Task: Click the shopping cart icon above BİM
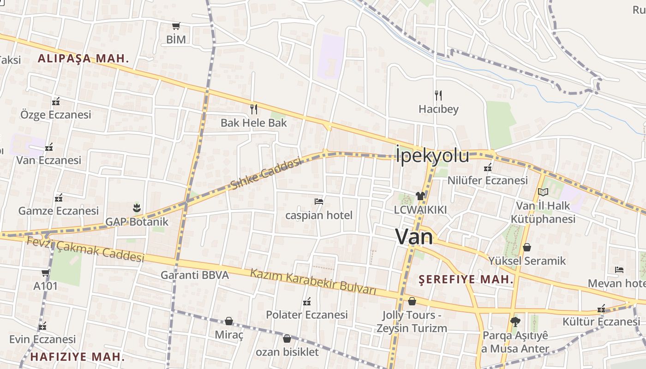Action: click(176, 26)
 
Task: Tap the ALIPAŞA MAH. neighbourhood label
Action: click(83, 59)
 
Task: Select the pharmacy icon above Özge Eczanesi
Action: click(56, 101)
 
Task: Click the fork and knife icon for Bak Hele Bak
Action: click(253, 109)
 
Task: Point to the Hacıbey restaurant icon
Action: click(438, 95)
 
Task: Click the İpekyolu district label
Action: click(432, 155)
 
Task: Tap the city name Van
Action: click(414, 237)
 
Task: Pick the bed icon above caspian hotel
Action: click(318, 201)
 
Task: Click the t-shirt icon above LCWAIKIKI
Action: click(420, 196)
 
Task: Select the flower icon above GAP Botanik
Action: click(137, 208)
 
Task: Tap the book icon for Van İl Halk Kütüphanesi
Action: click(543, 192)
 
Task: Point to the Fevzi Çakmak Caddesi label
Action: click(85, 249)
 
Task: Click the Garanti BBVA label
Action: click(194, 275)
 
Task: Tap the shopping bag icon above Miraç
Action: click(228, 321)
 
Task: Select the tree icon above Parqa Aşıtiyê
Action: click(515, 321)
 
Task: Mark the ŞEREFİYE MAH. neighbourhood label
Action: click(466, 280)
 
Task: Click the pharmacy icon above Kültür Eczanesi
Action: click(601, 308)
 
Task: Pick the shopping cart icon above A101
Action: click(45, 273)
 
